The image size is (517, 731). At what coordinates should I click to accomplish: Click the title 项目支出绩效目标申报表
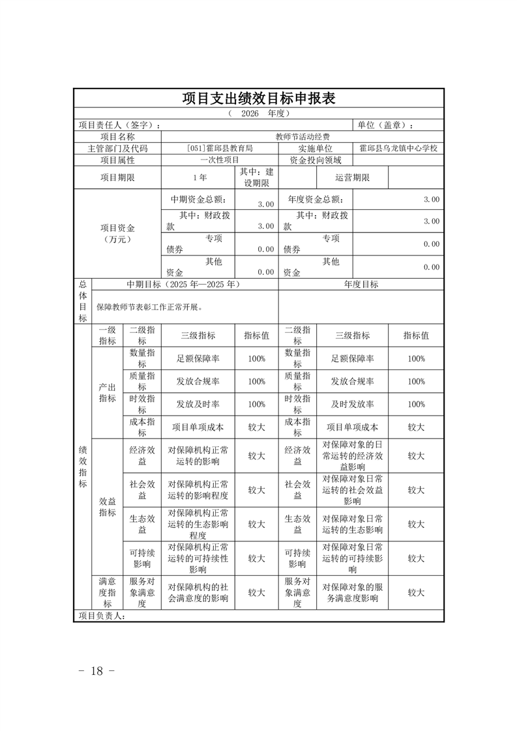[x=258, y=98]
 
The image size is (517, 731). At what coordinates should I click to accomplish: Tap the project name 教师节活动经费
[x=303, y=137]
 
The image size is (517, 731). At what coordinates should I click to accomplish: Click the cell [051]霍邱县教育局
[x=219, y=149]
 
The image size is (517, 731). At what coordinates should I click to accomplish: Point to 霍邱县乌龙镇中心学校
[x=398, y=149]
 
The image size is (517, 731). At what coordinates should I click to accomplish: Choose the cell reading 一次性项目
[x=220, y=160]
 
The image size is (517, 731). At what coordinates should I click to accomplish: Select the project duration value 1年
[x=200, y=177]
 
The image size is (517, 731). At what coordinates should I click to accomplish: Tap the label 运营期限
[x=353, y=177]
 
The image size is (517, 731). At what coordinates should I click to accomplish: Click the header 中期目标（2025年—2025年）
[x=184, y=285]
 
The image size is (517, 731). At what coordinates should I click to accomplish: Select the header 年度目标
[x=361, y=285]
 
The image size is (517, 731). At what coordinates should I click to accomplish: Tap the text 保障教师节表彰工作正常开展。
[x=149, y=307]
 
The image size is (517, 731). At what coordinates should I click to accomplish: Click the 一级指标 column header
[x=107, y=336]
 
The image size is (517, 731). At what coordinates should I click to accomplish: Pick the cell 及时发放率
[x=352, y=404]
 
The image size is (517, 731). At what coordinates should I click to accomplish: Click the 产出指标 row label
[x=107, y=393]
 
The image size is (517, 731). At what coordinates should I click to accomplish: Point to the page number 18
[x=97, y=671]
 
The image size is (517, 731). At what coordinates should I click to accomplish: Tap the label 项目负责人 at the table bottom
[x=101, y=616]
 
